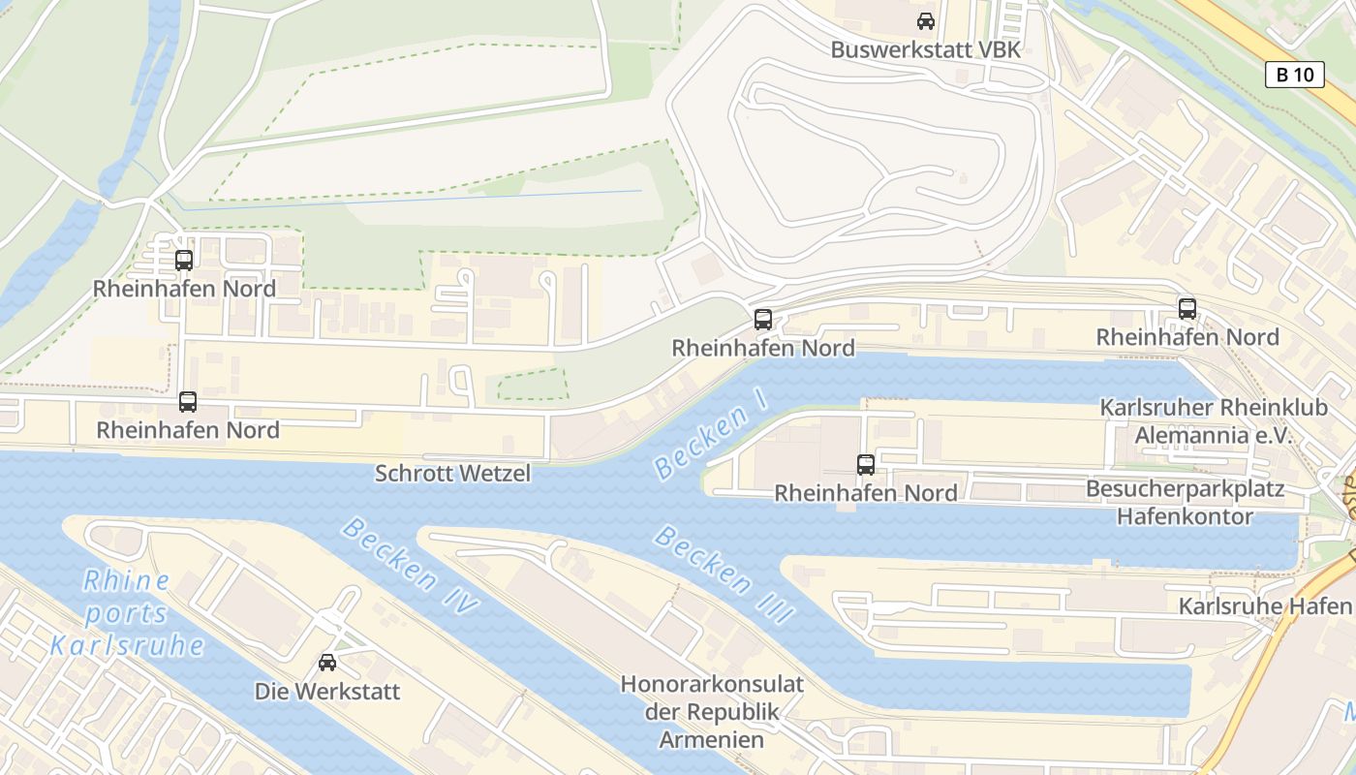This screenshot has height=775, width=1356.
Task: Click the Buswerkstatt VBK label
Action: pos(925,49)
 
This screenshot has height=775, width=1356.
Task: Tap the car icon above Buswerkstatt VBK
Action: pos(926,20)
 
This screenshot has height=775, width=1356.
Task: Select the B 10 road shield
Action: pos(1294,75)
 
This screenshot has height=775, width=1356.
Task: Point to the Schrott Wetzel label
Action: pos(452,474)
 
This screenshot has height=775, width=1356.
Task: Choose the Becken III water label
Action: pos(724,574)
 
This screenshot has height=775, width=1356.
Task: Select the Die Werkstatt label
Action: pos(327,692)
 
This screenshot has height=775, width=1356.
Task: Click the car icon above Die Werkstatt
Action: pos(327,663)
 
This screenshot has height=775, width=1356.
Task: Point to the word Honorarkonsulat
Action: pos(712,684)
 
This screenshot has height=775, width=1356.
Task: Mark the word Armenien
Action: pos(712,740)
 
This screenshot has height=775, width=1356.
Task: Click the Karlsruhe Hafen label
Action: pos(1264,606)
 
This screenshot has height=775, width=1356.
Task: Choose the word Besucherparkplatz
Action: pos(1185,489)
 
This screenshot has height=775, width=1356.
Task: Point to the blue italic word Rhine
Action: pos(127,581)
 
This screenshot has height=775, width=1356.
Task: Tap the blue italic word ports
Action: pos(125,613)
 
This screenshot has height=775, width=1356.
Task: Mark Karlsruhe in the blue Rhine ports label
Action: pos(127,645)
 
